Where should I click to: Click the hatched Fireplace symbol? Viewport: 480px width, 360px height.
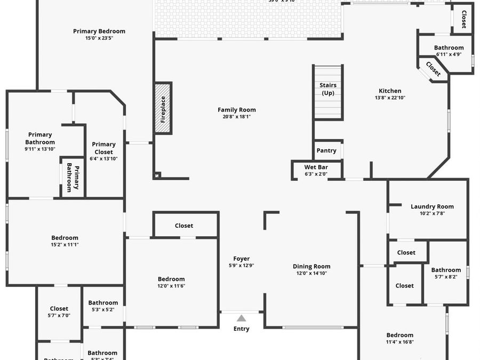tap(163, 109)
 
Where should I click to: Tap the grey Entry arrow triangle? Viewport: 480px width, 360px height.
tap(242, 318)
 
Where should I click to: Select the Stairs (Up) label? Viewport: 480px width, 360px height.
tap(328, 89)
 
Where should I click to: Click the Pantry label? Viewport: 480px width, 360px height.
tap(326, 150)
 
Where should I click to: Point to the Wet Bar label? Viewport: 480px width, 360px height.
tap(316, 167)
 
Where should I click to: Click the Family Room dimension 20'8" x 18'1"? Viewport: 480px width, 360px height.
tap(237, 117)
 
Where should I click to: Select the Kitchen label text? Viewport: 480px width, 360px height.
tap(390, 91)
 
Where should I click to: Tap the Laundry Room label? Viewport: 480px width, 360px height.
tap(432, 206)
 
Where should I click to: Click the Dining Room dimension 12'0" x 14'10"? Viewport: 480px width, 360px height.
tap(311, 273)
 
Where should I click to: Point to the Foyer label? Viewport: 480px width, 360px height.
tap(241, 259)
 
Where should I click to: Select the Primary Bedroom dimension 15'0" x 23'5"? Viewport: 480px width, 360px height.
tap(99, 38)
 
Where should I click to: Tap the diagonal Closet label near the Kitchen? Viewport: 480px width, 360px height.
tap(433, 69)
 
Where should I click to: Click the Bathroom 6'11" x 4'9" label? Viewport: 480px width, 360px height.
tap(449, 48)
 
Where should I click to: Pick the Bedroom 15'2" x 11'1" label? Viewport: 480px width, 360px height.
tap(65, 238)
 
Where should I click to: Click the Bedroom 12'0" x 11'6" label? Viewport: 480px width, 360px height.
tap(171, 279)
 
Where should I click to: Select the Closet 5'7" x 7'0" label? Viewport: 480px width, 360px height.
tap(59, 308)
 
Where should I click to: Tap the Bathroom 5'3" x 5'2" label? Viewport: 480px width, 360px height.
tap(103, 303)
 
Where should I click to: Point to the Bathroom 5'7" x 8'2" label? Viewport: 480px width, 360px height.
tap(446, 270)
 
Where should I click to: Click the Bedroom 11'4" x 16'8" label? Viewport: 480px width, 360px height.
tap(400, 335)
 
